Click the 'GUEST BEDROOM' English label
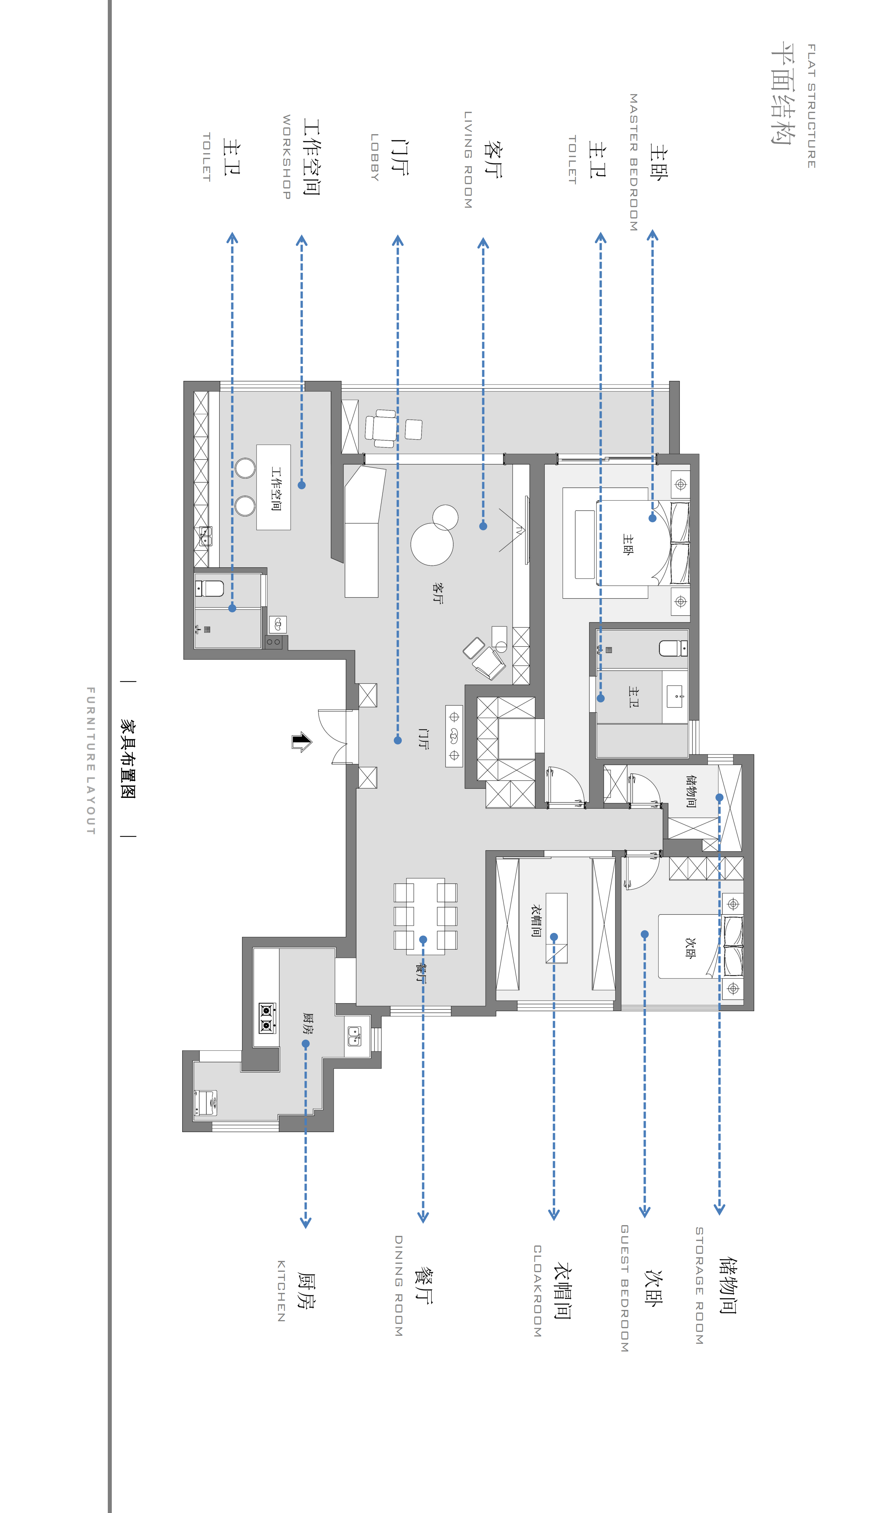(x=624, y=1289)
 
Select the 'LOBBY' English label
(x=375, y=157)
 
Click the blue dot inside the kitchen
(x=305, y=1044)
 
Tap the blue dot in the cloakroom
(x=554, y=937)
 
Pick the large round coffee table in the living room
(x=432, y=544)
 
